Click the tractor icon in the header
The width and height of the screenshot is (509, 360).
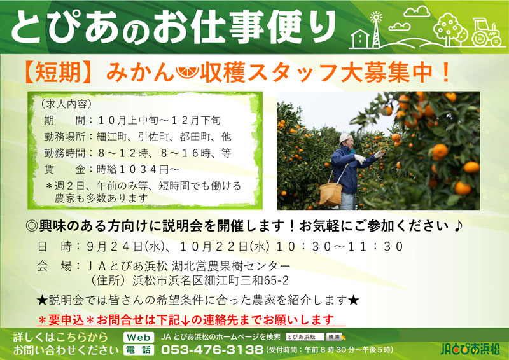click(487, 32)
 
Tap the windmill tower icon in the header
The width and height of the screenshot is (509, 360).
click(376, 30)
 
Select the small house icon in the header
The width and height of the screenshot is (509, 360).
click(360, 39)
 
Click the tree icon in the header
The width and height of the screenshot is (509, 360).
click(450, 29)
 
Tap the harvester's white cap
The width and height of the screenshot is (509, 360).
click(344, 138)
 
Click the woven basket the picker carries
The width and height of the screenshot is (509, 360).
click(331, 194)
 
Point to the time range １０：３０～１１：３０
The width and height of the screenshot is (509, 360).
click(339, 246)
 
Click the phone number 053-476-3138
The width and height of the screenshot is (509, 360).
click(212, 350)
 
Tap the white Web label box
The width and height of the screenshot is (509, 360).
click(139, 337)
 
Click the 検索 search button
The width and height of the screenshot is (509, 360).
click(334, 337)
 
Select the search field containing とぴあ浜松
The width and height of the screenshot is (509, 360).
click(305, 337)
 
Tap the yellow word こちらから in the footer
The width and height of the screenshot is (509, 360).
click(81, 337)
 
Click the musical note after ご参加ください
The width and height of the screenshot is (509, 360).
click(457, 226)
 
